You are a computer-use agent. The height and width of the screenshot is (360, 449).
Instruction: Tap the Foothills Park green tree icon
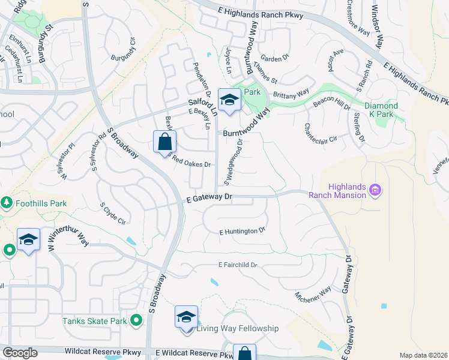click(7, 203)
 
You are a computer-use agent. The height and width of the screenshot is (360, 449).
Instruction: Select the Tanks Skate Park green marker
click(136, 321)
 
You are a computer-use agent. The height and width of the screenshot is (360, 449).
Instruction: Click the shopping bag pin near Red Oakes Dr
click(164, 142)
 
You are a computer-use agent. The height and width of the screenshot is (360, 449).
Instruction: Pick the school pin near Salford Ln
click(229, 100)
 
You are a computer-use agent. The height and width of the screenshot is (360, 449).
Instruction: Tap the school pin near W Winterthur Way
click(28, 240)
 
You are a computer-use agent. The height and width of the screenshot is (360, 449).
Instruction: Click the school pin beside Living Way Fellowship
click(186, 316)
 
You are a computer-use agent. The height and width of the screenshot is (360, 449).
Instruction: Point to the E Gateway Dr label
click(209, 197)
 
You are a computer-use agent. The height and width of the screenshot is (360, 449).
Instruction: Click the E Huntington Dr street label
click(242, 231)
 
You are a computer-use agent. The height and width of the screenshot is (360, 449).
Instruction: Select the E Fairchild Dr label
click(237, 265)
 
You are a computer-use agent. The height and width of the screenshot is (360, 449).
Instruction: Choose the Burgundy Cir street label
click(124, 50)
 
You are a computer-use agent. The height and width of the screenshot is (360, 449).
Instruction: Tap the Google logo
click(20, 353)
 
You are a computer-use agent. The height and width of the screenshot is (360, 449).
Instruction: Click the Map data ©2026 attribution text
click(423, 355)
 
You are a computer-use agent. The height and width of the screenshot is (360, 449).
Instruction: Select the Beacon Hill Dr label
click(331, 103)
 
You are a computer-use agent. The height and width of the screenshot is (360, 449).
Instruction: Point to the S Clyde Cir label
click(113, 213)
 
